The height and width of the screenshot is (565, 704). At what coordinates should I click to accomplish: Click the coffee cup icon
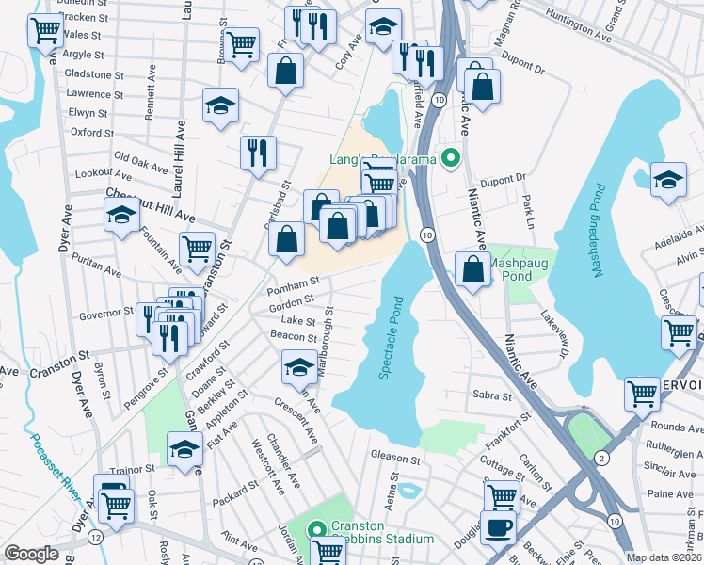point(498,527)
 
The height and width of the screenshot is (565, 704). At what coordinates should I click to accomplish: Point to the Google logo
point(31,554)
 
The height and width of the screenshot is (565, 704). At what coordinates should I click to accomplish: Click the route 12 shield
point(95,536)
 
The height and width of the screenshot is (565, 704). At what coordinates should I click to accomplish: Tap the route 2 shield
point(601,458)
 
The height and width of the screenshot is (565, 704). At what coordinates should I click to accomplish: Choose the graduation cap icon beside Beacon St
point(300,365)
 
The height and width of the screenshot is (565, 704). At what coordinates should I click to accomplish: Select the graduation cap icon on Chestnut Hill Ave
point(121,216)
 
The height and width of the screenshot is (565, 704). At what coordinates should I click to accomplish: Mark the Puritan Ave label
point(99,271)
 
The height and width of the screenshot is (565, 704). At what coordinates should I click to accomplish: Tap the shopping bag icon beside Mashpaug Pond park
point(472,268)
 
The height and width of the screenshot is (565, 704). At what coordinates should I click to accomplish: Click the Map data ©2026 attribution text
point(664,557)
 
